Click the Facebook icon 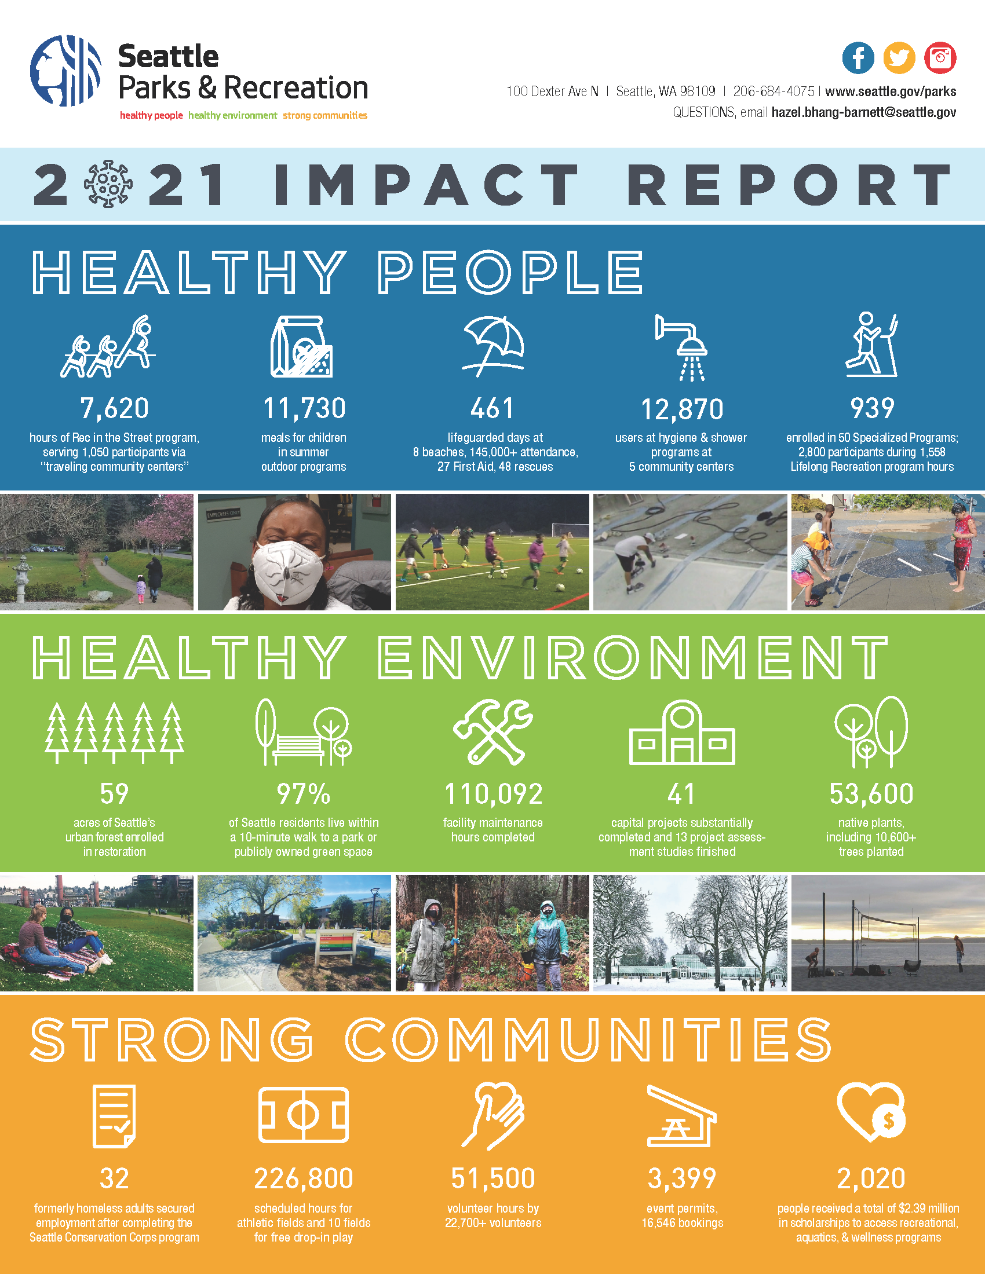click(x=858, y=58)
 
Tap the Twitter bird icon click(x=899, y=58)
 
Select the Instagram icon click(x=940, y=58)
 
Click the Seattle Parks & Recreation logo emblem click(x=66, y=71)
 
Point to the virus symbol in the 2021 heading click(x=108, y=184)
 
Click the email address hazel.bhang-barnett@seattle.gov click(x=864, y=112)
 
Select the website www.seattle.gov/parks click(x=891, y=91)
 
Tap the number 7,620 click(x=114, y=408)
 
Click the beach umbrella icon click(x=494, y=346)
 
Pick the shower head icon click(x=681, y=347)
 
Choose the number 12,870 click(x=682, y=409)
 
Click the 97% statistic click(x=304, y=794)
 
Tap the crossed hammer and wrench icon click(x=493, y=732)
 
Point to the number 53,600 click(x=871, y=794)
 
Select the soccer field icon click(x=304, y=1115)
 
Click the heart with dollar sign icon click(x=871, y=1113)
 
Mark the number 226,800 click(x=304, y=1178)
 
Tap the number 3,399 click(x=682, y=1178)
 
